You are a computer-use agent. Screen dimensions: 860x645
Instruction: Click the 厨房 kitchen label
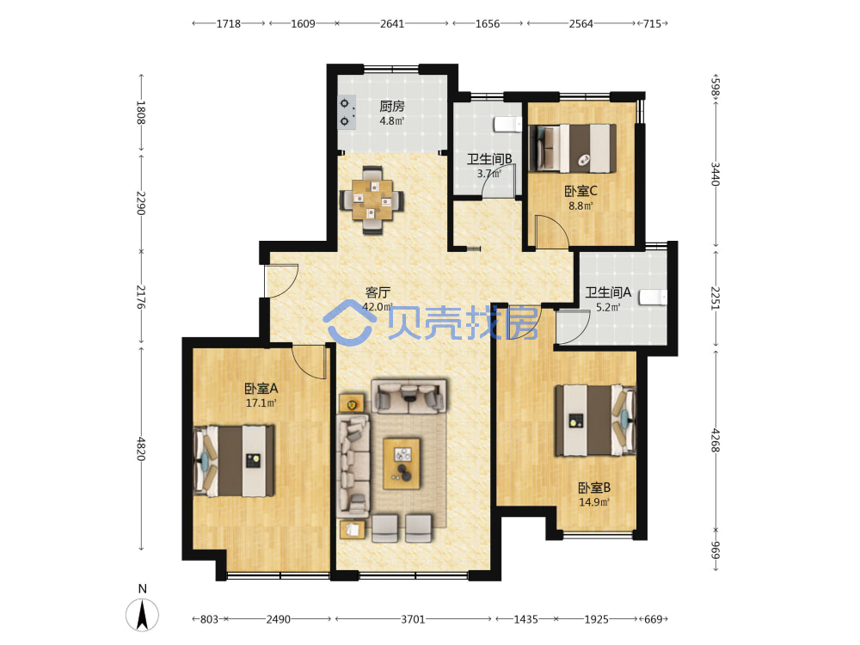(x=392, y=106)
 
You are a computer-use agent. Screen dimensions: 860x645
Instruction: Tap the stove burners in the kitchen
(x=346, y=113)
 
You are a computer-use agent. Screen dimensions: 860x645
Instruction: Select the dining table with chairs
(x=372, y=200)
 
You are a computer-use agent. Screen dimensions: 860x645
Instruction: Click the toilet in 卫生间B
(x=508, y=125)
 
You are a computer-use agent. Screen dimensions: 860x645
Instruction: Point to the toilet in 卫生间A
(x=654, y=298)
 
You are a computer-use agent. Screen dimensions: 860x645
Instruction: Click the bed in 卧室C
(x=572, y=148)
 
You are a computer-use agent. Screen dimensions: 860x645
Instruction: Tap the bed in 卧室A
(x=234, y=461)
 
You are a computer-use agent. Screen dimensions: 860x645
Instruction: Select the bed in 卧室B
(x=596, y=421)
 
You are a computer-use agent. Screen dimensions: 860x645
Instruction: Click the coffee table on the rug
(x=402, y=464)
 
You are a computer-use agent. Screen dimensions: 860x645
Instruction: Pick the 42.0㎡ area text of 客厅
(x=378, y=307)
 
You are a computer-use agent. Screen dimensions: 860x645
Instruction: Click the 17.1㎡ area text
(x=261, y=403)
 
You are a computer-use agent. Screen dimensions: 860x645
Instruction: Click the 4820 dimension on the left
(x=141, y=449)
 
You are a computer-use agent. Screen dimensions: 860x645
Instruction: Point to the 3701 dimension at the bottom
(x=413, y=619)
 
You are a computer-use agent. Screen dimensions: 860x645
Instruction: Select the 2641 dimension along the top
(x=392, y=23)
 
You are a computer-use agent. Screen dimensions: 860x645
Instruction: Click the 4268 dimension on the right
(x=716, y=440)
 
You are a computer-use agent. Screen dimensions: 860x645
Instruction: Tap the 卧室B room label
(x=594, y=488)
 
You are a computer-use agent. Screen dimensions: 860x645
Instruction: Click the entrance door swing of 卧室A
(x=310, y=362)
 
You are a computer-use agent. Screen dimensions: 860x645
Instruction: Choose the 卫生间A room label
(x=608, y=293)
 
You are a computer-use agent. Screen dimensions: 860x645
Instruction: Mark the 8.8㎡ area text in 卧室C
(x=580, y=206)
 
